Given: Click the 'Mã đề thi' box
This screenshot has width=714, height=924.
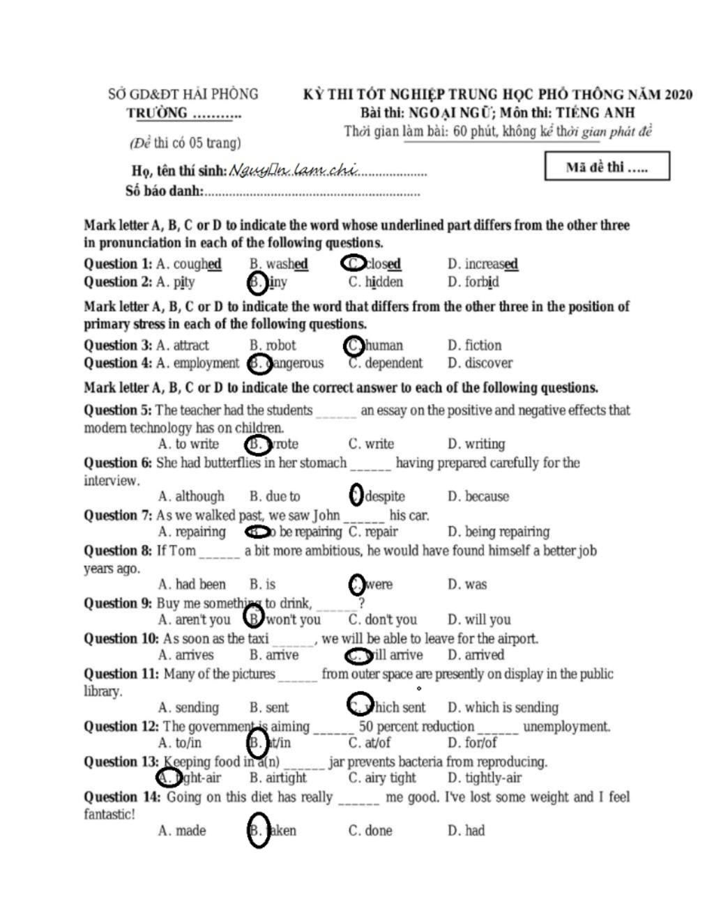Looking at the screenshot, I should (x=607, y=167).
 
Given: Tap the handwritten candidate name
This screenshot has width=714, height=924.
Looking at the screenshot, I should (x=294, y=169).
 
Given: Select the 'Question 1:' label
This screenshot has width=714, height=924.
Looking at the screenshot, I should (x=117, y=264).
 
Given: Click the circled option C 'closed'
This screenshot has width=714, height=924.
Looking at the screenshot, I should (x=373, y=263).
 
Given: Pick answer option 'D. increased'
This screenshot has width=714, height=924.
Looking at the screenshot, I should (x=483, y=264).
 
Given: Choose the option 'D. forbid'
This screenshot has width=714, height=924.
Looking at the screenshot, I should (x=473, y=282).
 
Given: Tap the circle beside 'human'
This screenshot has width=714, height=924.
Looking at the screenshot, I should (x=354, y=345).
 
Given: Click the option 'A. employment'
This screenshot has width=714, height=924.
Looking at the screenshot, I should (x=197, y=363).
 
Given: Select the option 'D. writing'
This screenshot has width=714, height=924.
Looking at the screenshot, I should (x=476, y=444).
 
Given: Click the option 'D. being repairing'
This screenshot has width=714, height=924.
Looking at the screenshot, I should (x=498, y=532).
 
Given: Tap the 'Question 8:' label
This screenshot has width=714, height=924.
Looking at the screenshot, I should (x=117, y=550).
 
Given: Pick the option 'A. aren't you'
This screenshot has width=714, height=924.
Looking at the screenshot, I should (x=194, y=619).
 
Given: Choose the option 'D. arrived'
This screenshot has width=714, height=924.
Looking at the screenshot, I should (x=476, y=655).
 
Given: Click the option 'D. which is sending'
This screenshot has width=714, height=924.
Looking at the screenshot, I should (x=503, y=707).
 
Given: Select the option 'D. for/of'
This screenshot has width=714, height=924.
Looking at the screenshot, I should (x=472, y=743).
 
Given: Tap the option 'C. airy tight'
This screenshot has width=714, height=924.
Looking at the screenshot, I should (x=382, y=778).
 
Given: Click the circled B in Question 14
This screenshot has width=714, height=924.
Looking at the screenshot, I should (x=258, y=830).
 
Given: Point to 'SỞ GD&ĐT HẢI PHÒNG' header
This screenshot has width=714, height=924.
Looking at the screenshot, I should (x=183, y=94).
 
